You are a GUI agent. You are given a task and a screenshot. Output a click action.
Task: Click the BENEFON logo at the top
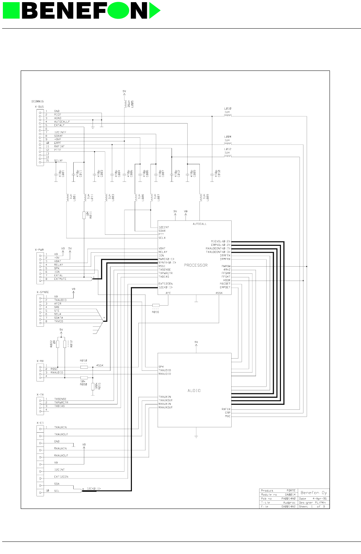click(81, 10)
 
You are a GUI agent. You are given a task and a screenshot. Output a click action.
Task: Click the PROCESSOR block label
click(196, 265)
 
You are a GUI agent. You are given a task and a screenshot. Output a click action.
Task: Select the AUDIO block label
click(194, 390)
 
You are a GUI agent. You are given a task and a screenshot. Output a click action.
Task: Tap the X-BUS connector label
click(39, 107)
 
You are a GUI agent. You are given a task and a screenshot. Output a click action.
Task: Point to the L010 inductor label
click(228, 108)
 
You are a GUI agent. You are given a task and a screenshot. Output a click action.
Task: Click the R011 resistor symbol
click(84, 215)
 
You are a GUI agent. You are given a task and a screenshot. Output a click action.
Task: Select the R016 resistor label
click(155, 312)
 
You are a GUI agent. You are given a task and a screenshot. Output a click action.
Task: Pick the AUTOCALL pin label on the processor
click(199, 224)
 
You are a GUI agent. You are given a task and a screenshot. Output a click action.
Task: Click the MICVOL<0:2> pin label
click(221, 241)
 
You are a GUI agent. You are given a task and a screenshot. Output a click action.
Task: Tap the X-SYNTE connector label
click(43, 292)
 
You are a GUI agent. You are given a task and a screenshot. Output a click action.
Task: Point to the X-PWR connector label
click(39, 249)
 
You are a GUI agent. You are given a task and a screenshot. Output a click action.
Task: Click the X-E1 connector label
click(40, 423)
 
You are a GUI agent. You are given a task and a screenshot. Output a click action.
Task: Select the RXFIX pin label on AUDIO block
click(226, 409)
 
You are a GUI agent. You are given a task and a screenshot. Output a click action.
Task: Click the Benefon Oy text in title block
click(313, 492)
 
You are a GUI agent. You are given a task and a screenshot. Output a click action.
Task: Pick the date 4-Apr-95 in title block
click(319, 499)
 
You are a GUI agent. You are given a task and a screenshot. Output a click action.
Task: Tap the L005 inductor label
click(132, 104)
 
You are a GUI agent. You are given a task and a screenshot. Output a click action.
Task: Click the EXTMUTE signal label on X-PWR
click(60, 279)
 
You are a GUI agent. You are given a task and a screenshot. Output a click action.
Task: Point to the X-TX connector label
click(40, 394)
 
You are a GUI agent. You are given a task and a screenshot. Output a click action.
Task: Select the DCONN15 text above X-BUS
click(38, 102)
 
